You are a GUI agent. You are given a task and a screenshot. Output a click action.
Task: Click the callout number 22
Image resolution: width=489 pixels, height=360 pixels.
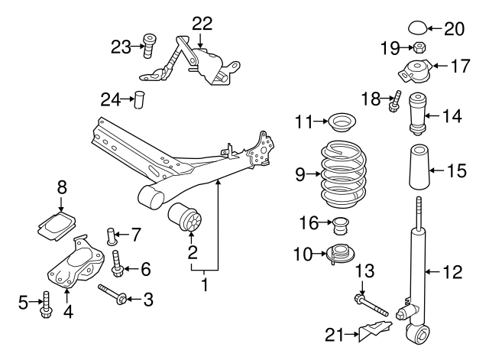(202, 23)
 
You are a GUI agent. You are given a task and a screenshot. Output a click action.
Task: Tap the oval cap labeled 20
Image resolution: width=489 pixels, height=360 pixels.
(415, 29)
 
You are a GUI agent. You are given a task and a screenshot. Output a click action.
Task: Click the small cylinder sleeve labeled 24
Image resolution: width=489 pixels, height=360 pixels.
(139, 99)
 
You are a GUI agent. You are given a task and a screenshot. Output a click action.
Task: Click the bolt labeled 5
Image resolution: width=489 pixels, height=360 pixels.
(45, 303)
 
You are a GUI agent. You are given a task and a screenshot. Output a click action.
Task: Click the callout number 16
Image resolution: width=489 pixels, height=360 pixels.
(307, 223)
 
